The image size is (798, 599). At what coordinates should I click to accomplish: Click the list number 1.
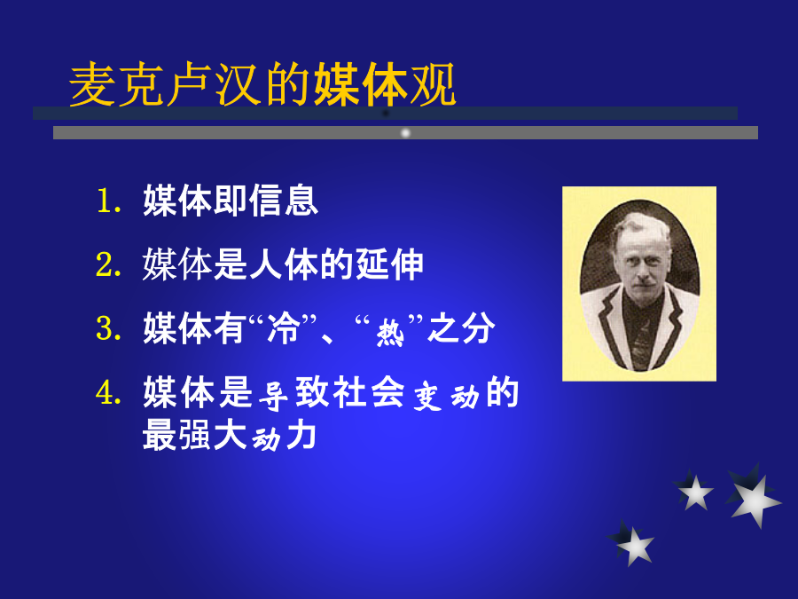pos(109,201)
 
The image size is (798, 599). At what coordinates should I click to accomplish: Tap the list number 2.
pos(108,264)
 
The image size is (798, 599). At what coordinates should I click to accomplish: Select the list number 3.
pos(108,328)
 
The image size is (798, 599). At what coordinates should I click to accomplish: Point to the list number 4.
pos(108,393)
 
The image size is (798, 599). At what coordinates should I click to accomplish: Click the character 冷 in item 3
pos(283,328)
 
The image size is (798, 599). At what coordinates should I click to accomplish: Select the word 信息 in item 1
pos(284,201)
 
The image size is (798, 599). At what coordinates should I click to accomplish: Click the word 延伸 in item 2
pos(389,264)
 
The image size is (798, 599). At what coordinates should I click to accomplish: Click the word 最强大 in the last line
pos(195,435)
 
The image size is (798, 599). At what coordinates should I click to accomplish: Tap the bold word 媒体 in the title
pos(362,84)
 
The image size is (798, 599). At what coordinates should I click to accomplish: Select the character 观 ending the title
pos(433,84)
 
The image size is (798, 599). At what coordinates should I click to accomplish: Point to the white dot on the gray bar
pos(405,133)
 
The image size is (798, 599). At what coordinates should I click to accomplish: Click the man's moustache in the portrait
pos(644,280)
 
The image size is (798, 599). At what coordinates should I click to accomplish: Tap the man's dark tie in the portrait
pos(641,342)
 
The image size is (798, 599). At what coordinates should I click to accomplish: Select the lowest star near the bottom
pos(631,543)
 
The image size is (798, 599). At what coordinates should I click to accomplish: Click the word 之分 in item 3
pos(461,328)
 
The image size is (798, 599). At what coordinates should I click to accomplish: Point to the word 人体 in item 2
pos(284,264)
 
